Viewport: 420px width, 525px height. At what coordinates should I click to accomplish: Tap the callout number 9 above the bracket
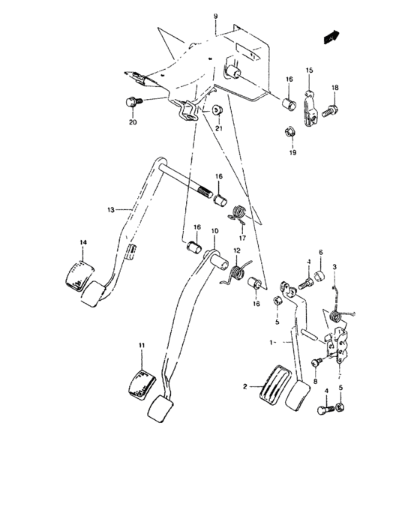(x=215, y=16)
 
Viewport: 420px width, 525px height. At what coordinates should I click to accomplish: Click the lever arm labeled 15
(x=308, y=106)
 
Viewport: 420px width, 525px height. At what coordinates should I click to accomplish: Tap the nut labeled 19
(x=290, y=133)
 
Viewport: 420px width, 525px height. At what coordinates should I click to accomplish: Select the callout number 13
(x=110, y=211)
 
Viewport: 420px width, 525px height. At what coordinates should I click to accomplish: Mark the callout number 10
(x=214, y=231)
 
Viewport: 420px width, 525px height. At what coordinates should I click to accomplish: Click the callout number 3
(x=335, y=267)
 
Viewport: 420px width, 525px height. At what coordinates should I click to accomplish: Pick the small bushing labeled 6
(x=319, y=277)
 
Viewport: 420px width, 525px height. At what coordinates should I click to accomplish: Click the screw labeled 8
(x=315, y=362)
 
